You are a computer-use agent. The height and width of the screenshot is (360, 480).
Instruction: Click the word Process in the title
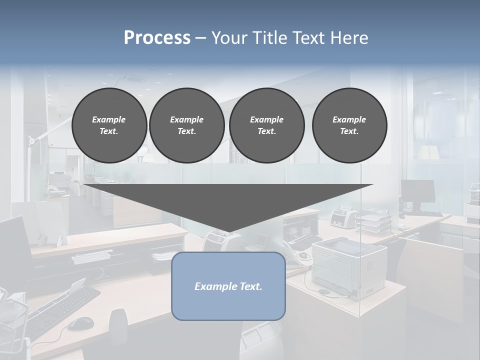(157, 38)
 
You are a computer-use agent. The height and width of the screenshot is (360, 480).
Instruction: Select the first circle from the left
(109, 125)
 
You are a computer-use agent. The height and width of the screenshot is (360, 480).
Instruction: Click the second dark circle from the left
(186, 125)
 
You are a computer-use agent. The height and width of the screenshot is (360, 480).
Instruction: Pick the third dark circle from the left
(266, 125)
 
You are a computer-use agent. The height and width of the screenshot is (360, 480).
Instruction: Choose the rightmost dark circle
(349, 125)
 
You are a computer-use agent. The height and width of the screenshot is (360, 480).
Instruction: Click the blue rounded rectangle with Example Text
(228, 286)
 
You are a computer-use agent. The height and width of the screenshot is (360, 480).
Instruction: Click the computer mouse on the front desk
(80, 323)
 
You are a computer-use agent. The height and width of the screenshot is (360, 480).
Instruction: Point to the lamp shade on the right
(427, 151)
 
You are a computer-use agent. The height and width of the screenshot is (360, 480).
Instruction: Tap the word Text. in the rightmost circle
(349, 131)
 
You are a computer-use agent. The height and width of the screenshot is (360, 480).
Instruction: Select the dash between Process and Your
(200, 38)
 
